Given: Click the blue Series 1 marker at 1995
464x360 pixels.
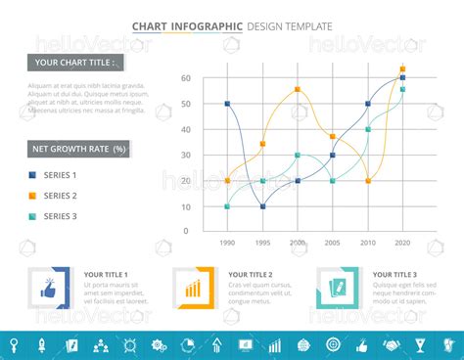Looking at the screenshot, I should [262, 206].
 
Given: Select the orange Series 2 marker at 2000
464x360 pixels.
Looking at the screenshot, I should [298, 89].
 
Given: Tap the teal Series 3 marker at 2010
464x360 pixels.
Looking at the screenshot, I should [368, 129].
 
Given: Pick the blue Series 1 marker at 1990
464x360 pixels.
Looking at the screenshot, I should [227, 103].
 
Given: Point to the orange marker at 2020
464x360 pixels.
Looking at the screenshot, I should [402, 69].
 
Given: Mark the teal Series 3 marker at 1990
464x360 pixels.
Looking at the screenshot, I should [227, 206].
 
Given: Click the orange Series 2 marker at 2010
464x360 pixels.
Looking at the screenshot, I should [368, 181].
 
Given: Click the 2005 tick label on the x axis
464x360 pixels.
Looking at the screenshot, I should [333, 242].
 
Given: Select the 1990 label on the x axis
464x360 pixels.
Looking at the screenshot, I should [227, 242].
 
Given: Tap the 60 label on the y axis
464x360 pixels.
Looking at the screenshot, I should [186, 77].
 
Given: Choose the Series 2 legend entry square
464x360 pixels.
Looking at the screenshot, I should [32, 196].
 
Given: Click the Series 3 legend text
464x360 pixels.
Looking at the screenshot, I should [60, 216].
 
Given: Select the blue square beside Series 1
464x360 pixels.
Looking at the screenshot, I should [32, 175].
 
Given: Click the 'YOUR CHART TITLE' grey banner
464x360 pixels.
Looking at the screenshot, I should [75, 63].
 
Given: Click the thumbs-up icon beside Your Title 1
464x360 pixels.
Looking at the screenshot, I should [48, 289].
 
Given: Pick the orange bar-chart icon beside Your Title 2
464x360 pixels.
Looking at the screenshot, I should [193, 289].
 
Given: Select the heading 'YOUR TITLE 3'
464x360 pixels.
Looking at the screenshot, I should [394, 275].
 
